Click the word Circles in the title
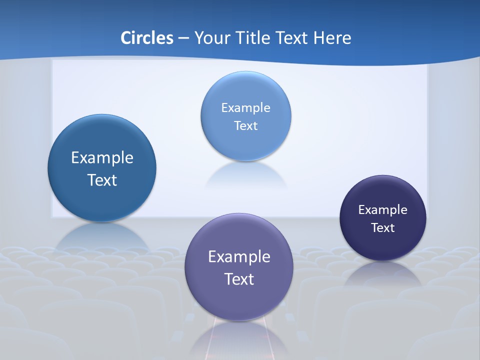(x=147, y=38)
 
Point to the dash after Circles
(x=183, y=38)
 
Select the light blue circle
(x=245, y=90)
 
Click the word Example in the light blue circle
(x=245, y=107)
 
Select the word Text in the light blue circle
(x=245, y=125)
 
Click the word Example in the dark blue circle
(x=102, y=158)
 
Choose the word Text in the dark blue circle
(x=102, y=180)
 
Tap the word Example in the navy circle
(x=383, y=209)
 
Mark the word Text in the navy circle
(x=383, y=227)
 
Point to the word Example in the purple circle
(x=239, y=257)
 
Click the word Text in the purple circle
(x=239, y=279)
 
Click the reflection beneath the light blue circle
(x=245, y=175)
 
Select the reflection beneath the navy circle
(x=383, y=272)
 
